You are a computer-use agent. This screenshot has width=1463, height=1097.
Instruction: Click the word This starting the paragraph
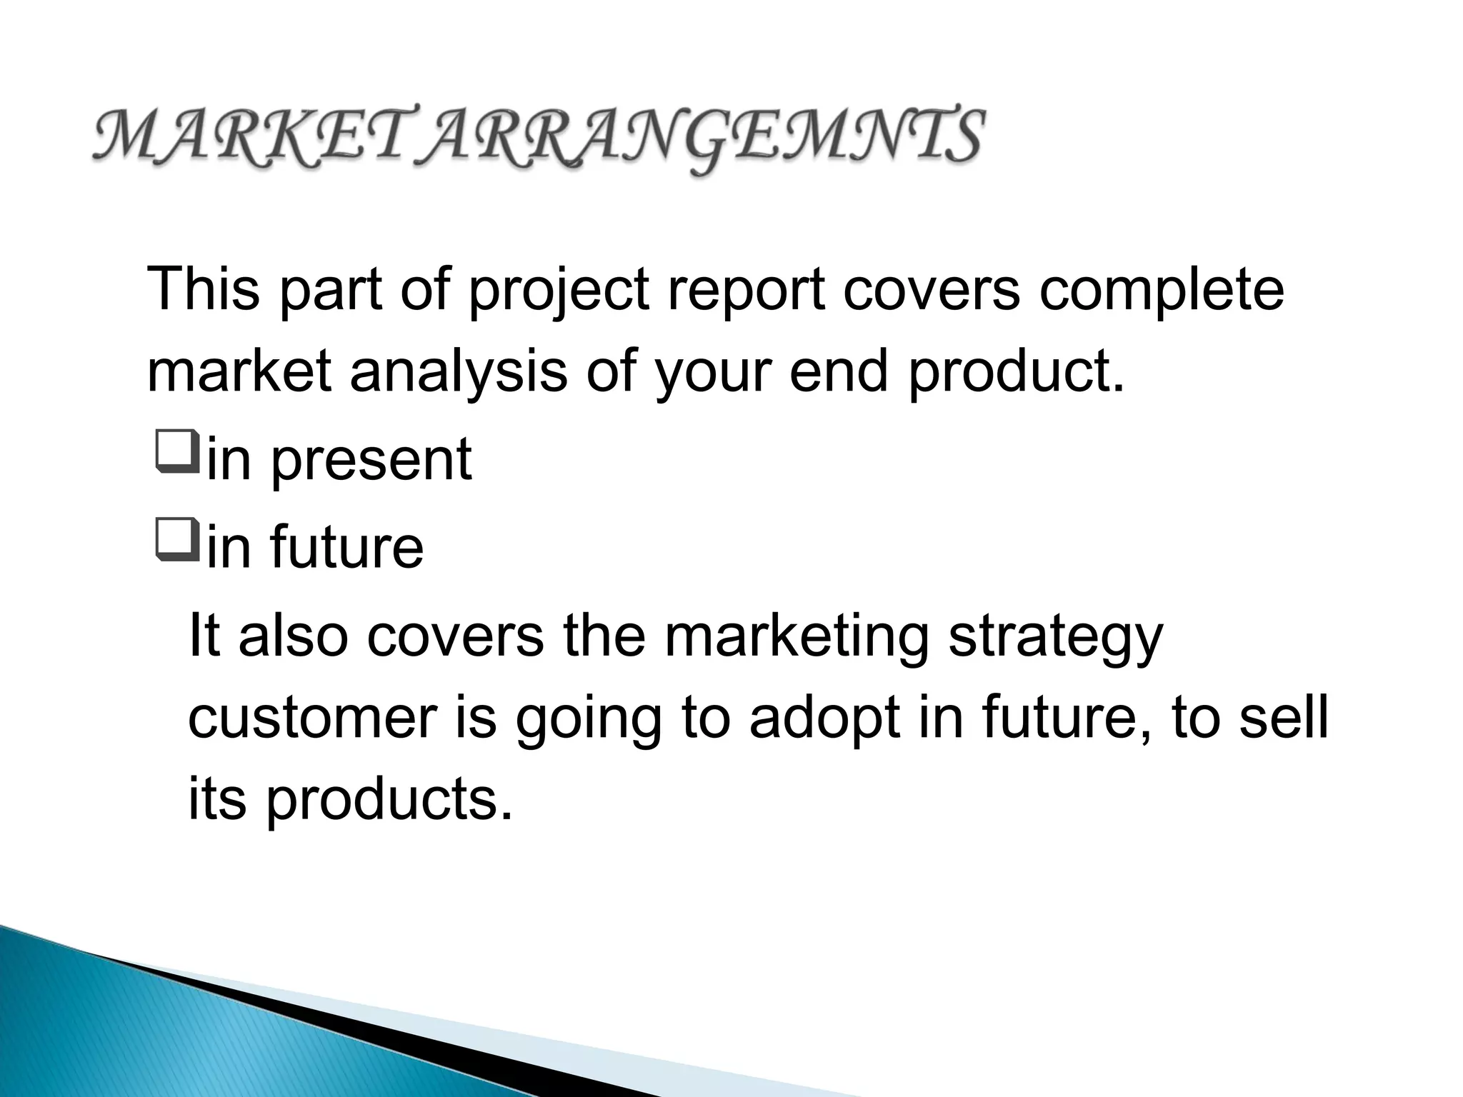pyautogui.click(x=203, y=289)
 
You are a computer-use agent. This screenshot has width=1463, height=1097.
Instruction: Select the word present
pyautogui.click(x=371, y=460)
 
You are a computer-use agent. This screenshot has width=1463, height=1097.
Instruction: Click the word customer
pyautogui.click(x=311, y=718)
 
